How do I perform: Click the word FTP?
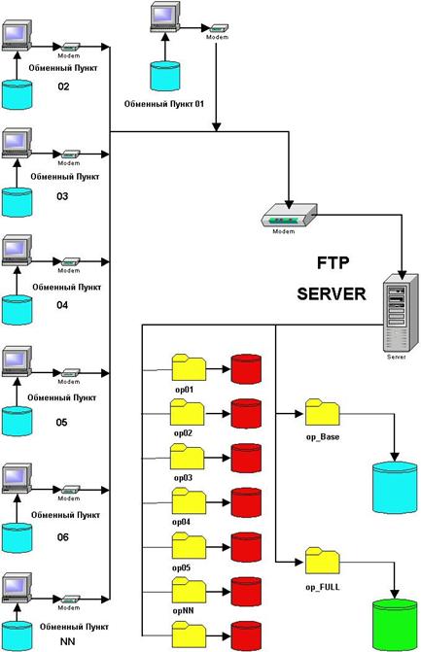(x=333, y=263)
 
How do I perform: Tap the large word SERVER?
(x=332, y=294)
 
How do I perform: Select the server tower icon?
(x=401, y=313)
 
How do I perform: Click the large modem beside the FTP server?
(x=289, y=216)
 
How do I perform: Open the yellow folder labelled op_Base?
(x=323, y=413)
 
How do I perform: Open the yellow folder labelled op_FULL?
(x=323, y=562)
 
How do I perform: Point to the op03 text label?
(x=183, y=478)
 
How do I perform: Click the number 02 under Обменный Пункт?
(x=63, y=86)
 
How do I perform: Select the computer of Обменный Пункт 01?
(x=164, y=17)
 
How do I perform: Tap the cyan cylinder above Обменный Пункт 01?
(x=164, y=76)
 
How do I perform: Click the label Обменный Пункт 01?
(x=164, y=104)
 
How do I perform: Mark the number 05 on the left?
(x=61, y=423)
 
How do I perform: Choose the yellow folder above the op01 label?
(x=189, y=367)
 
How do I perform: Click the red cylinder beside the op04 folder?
(x=246, y=502)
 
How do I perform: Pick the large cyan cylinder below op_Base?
(x=395, y=488)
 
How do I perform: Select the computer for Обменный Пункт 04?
(x=17, y=251)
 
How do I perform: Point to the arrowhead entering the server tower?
(x=402, y=275)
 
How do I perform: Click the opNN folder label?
(x=183, y=611)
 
